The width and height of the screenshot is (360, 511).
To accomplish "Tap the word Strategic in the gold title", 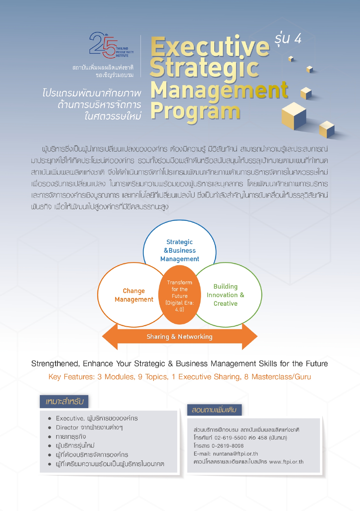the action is (x=204, y=69).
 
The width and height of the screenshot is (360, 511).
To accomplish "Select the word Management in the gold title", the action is (x=219, y=90).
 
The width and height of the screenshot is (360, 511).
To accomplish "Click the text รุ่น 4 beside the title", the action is (x=288, y=39).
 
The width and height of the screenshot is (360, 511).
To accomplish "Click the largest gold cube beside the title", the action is (x=294, y=116).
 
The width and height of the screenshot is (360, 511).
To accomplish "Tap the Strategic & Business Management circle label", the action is (x=180, y=251).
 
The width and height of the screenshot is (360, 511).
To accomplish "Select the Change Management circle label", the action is (x=134, y=295).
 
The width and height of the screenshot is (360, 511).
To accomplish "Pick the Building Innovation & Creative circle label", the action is (x=225, y=295).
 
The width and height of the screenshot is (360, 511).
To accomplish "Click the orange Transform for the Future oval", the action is (x=180, y=295).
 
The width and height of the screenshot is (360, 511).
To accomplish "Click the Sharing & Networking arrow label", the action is (x=180, y=337).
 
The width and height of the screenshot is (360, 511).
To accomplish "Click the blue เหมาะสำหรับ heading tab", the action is (x=64, y=402).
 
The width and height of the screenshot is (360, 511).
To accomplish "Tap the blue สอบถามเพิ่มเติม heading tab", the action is (x=214, y=410).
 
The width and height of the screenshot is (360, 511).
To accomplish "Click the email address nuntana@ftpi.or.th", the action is (x=235, y=454).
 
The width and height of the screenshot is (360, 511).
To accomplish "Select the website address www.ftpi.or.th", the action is (x=286, y=462).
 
